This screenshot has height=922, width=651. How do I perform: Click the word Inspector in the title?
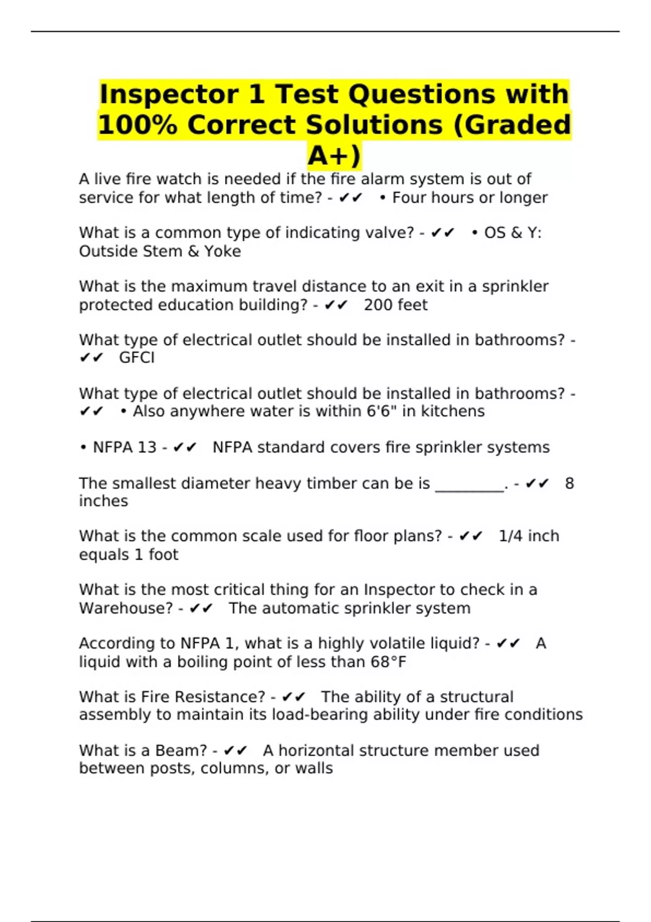click(x=169, y=94)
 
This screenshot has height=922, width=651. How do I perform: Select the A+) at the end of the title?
click(x=334, y=156)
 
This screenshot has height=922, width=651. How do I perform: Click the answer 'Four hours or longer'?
click(x=470, y=198)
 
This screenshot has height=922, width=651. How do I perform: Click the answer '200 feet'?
click(x=395, y=305)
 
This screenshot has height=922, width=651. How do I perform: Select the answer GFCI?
click(x=137, y=358)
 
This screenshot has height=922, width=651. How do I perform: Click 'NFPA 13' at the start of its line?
click(x=124, y=447)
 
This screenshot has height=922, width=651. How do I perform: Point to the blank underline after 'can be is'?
click(x=470, y=484)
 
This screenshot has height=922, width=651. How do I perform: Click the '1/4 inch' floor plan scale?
click(x=529, y=536)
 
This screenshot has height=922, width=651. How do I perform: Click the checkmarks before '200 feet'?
click(x=336, y=305)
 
